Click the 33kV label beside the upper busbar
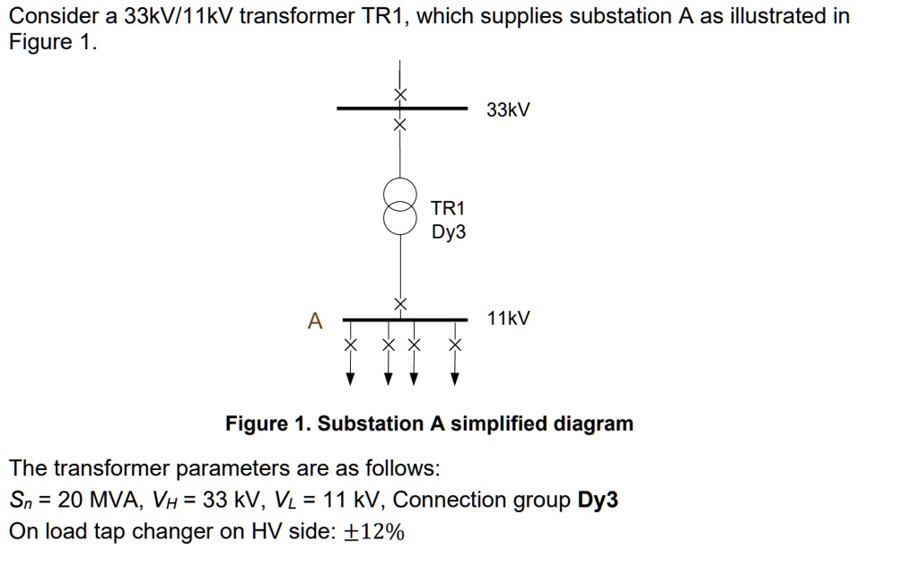pos(508,110)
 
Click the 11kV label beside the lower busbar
pos(508,318)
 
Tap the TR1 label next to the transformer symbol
pos(448,208)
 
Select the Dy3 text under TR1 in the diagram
pos(448,232)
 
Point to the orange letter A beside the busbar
pos(314,320)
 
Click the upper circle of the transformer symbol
pos(401,193)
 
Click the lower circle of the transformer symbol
pos(401,218)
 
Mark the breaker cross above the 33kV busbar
pos(401,94)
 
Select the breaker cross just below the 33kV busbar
pos(401,124)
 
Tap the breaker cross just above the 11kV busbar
pos(401,304)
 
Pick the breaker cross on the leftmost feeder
pos(352,345)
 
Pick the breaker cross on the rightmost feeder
pos(455,345)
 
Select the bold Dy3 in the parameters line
pos(598,500)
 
